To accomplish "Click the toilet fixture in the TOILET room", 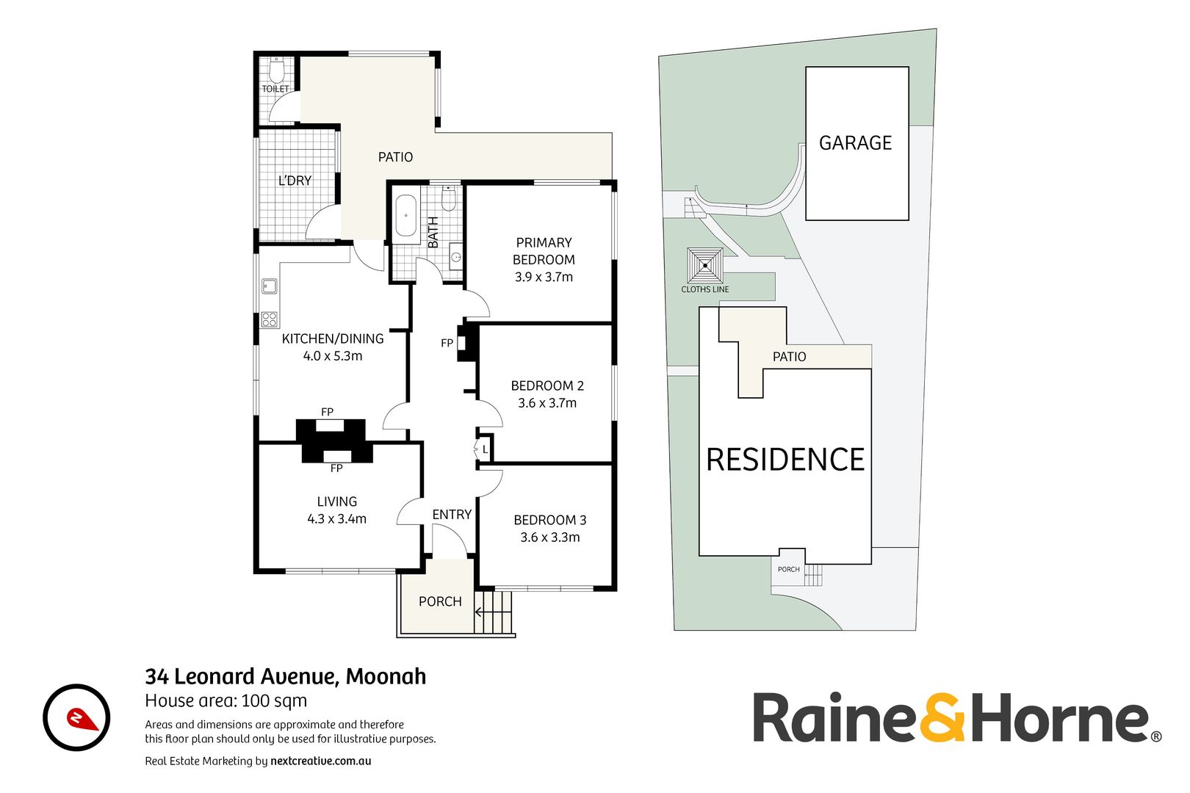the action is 276,71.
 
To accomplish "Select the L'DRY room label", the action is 295,181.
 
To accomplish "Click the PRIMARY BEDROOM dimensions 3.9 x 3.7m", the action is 544,277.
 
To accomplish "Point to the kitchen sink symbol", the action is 269,286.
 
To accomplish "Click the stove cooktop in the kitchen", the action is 270,319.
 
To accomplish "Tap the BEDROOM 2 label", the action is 547,385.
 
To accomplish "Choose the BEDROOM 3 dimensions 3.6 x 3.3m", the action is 550,537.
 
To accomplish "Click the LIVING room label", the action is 337,501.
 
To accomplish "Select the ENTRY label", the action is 452,515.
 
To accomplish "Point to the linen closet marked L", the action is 485,449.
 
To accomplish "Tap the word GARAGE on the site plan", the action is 856,143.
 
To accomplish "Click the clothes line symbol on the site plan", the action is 705,266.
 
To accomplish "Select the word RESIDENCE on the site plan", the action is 785,460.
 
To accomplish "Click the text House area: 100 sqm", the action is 226,700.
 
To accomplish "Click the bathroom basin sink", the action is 455,257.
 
